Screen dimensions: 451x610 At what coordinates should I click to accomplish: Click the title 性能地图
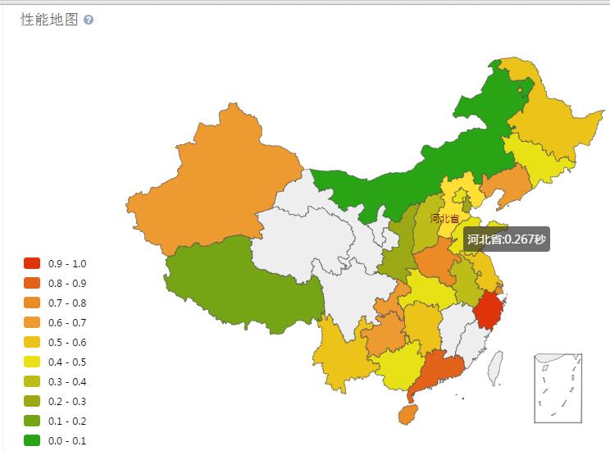(48, 20)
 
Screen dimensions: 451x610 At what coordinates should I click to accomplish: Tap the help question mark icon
(89, 20)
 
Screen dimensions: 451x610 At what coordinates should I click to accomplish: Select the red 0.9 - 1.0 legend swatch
(32, 263)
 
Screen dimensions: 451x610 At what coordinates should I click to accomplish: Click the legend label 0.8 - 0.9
(67, 283)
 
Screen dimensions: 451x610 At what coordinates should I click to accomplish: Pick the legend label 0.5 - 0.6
(67, 342)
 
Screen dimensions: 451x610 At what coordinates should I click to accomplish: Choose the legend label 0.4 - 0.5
(67, 362)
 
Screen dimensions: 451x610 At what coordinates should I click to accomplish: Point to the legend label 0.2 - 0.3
(67, 401)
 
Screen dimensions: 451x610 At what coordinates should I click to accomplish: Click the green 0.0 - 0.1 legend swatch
(32, 440)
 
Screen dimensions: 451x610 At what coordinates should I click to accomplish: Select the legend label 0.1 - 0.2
(67, 421)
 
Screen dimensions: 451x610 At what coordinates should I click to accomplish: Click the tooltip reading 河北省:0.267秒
(506, 239)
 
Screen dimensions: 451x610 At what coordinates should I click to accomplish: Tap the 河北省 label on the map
(444, 218)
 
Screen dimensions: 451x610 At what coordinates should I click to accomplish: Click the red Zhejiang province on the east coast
(489, 312)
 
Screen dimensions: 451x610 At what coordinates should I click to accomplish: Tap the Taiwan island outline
(495, 367)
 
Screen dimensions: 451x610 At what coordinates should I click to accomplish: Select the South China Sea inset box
(558, 387)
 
